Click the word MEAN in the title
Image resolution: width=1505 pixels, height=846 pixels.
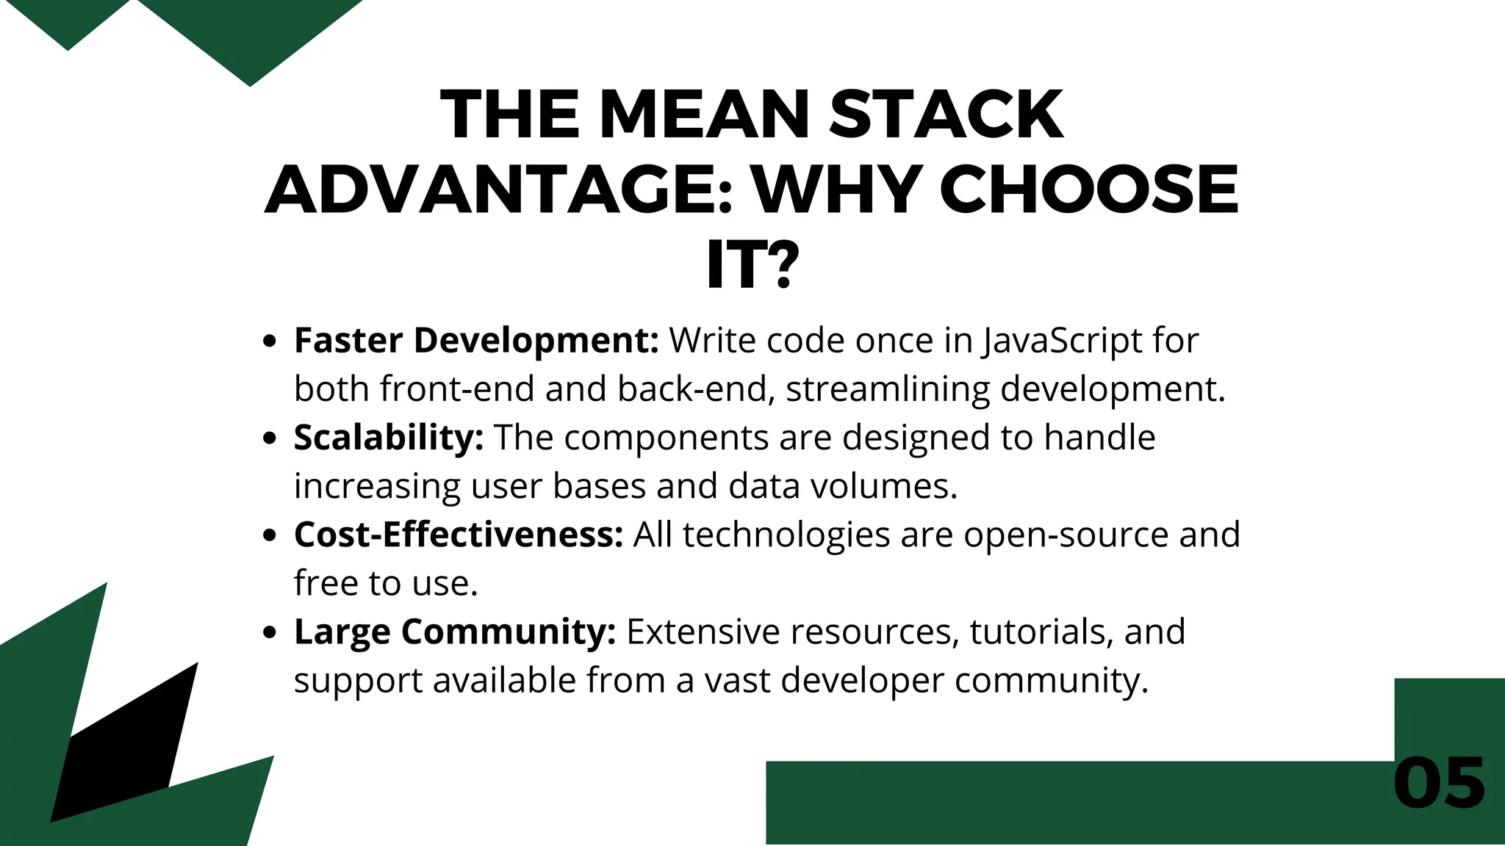click(x=704, y=115)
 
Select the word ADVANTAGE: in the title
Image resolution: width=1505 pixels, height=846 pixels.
click(x=499, y=189)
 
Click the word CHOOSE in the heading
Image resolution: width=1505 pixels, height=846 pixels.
click(x=1089, y=189)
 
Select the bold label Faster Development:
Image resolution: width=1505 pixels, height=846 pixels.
click(x=476, y=341)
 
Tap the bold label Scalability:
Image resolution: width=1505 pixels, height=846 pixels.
click(x=389, y=438)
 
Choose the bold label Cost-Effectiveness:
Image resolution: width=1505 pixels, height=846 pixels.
click(x=459, y=535)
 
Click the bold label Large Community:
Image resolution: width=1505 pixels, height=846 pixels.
click(x=455, y=632)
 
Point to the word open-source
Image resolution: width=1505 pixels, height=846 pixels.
click(x=1066, y=535)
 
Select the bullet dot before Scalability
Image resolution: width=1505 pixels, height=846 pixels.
click(x=270, y=438)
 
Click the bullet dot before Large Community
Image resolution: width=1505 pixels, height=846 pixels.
click(x=270, y=632)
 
